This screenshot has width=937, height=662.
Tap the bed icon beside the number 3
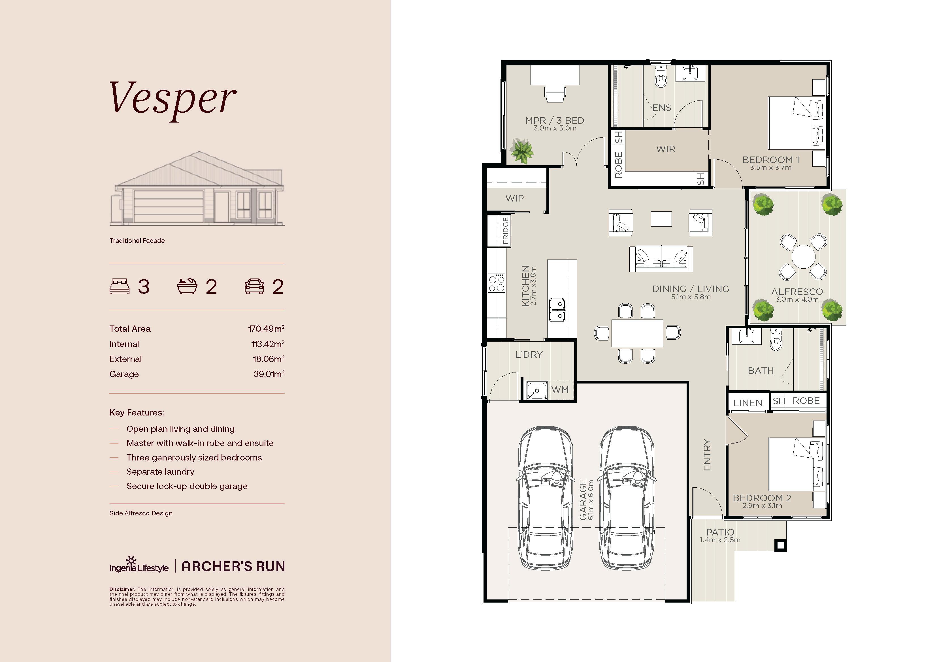120,286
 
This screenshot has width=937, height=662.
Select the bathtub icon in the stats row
187,286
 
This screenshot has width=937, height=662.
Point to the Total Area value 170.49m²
266,328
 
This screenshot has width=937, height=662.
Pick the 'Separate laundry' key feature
160,472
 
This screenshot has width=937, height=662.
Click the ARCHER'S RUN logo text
233,566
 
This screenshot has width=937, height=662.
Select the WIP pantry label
515,198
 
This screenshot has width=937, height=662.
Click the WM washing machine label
560,389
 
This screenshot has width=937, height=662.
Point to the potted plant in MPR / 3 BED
521,151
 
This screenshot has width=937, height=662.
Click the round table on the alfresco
803,256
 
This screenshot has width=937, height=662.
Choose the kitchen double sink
557,310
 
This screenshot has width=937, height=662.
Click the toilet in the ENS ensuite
660,77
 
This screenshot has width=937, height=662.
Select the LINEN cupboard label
748,402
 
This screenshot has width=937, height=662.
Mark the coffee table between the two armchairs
661,218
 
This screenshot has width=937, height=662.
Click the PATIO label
720,532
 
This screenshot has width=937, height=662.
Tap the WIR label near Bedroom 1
666,149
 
